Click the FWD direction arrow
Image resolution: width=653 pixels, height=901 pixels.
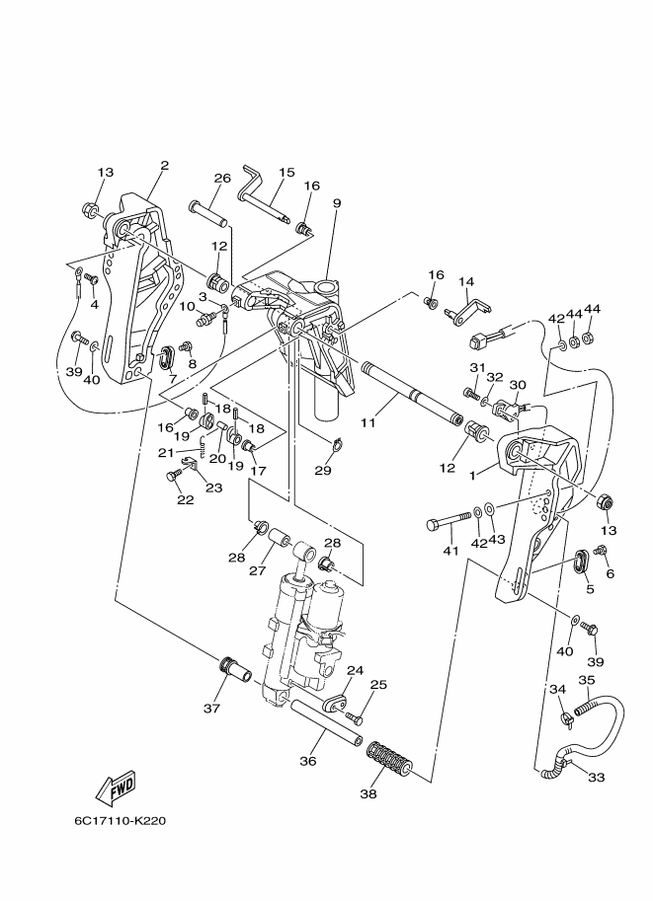pyautogui.click(x=117, y=786)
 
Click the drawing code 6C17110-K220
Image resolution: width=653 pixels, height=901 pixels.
pyautogui.click(x=121, y=820)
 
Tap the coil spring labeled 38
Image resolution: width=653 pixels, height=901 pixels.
pyautogui.click(x=389, y=759)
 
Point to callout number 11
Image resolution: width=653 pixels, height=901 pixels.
pyautogui.click(x=367, y=422)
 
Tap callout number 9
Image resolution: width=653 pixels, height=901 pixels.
pyautogui.click(x=337, y=203)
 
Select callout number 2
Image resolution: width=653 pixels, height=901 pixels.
pyautogui.click(x=165, y=166)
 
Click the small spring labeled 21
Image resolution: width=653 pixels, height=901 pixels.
pyautogui.click(x=202, y=445)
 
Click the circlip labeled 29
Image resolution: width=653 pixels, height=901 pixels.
pyautogui.click(x=337, y=444)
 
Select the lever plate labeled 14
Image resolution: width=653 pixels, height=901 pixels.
pyautogui.click(x=468, y=308)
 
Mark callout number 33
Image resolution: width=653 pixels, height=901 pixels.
pyautogui.click(x=596, y=777)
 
